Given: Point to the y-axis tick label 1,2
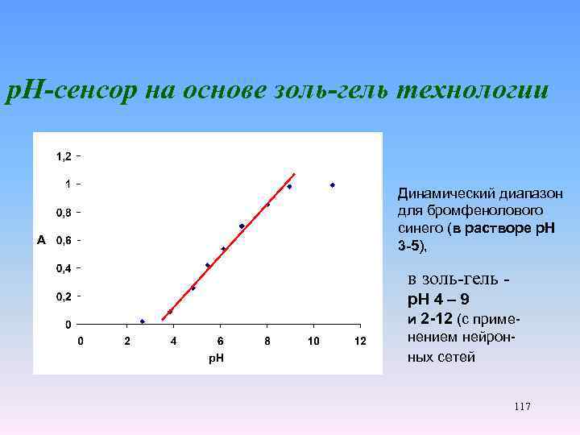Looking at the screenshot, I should pyautogui.click(x=63, y=155).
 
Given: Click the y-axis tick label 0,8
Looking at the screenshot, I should pyautogui.click(x=63, y=212).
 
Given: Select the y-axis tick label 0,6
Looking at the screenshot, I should pyautogui.click(x=63, y=240).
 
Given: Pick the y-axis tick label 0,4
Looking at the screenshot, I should pyautogui.click(x=63, y=268).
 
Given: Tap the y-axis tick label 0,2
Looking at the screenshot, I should pyautogui.click(x=63, y=296).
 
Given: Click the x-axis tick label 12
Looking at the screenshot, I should pyautogui.click(x=361, y=342).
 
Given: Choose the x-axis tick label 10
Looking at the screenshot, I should pyautogui.click(x=314, y=342).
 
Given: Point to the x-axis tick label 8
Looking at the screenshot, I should pyautogui.click(x=267, y=342).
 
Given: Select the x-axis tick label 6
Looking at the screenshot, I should pyautogui.click(x=221, y=342).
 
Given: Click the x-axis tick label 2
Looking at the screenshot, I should pyautogui.click(x=126, y=342).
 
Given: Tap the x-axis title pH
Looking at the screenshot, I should pyautogui.click(x=217, y=358).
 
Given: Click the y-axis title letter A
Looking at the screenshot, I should pyautogui.click(x=41, y=240).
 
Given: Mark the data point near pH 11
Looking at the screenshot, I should pyautogui.click(x=332, y=185).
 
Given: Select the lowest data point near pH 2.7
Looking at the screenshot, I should pyautogui.click(x=143, y=321).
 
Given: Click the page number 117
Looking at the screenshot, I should pyautogui.click(x=521, y=407).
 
